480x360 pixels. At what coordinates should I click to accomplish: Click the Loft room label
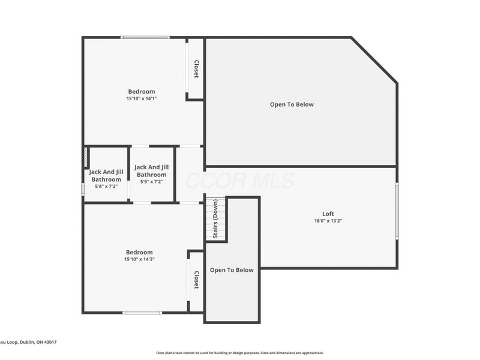coord(328,214)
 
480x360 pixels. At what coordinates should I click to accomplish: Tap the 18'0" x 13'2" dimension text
coord(328,221)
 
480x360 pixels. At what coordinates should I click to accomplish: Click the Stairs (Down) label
coord(215,220)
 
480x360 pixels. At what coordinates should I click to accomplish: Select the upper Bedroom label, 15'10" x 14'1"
coord(141,91)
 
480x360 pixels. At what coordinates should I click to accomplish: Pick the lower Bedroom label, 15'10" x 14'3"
coord(139,252)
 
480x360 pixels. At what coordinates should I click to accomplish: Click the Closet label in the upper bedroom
coord(196,69)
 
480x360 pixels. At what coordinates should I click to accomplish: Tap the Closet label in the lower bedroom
coord(196,280)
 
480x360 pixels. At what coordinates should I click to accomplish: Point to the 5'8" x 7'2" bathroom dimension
coord(106,187)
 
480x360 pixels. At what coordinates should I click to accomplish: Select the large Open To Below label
coord(292,104)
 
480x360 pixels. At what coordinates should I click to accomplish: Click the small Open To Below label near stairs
coord(232,270)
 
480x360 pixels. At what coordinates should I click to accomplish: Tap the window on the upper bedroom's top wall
coord(145,38)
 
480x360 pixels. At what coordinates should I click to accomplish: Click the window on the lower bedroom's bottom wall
coord(142,312)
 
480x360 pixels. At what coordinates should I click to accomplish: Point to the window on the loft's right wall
coord(397,211)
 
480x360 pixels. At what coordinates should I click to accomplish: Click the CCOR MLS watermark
coord(240,181)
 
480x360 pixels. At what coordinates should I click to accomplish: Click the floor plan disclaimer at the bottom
coord(240,353)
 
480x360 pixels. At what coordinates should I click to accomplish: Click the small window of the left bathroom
coord(83,188)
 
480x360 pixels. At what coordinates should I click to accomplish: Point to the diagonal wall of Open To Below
coord(374,61)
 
